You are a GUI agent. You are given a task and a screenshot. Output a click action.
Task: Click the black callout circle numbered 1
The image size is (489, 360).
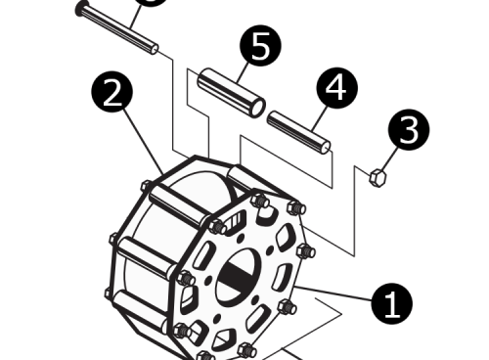click(392, 304)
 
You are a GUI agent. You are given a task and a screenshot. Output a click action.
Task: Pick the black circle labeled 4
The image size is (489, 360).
click(335, 89)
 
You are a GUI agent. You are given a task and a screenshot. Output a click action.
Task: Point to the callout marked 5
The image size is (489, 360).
click(261, 47)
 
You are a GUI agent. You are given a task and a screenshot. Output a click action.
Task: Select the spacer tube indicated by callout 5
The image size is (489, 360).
click(231, 91)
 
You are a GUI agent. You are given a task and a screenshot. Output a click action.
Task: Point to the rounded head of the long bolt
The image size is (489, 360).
click(81, 9)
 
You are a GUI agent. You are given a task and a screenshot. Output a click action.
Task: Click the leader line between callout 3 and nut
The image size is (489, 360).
click(390, 157)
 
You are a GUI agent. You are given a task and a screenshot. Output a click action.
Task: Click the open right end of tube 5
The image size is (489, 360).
click(257, 106)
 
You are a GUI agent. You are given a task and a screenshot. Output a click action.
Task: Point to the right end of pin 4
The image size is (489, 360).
click(326, 147)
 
